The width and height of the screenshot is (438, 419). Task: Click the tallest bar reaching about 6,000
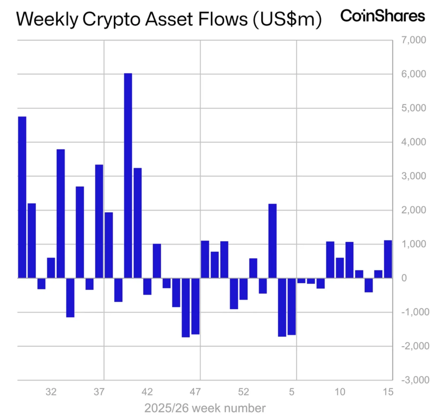pyautogui.click(x=128, y=175)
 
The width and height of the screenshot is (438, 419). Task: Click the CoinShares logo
pyautogui.click(x=382, y=16)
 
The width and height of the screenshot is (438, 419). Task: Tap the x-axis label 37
pyautogui.click(x=99, y=392)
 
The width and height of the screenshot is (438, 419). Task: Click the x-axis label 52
pyautogui.click(x=243, y=392)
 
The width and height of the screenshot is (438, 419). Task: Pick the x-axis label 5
pyautogui.click(x=292, y=392)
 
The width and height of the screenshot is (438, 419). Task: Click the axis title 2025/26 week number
pyautogui.click(x=204, y=407)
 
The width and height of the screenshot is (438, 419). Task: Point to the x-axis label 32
pyautogui.click(x=51, y=392)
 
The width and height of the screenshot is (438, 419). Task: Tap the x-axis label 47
pyautogui.click(x=195, y=392)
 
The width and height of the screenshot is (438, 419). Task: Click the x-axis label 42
pyautogui.click(x=148, y=392)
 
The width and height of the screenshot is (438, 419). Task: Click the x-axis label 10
pyautogui.click(x=340, y=392)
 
